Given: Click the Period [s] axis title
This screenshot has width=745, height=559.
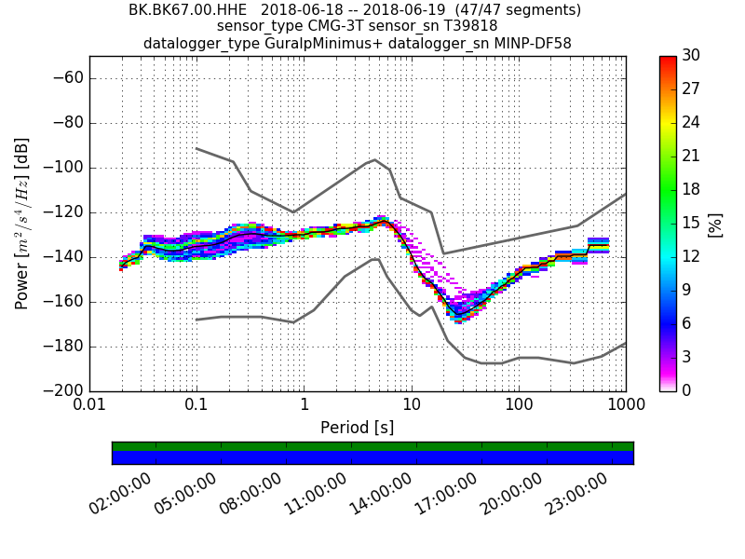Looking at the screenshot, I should coord(358,428).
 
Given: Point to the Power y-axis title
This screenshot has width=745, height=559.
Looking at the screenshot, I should coord(22,224).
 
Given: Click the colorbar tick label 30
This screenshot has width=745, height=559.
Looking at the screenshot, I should coord(690,56).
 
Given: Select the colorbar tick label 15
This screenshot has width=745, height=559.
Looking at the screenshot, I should coord(690,224).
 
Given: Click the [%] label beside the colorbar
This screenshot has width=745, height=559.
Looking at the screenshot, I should coord(715,224).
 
